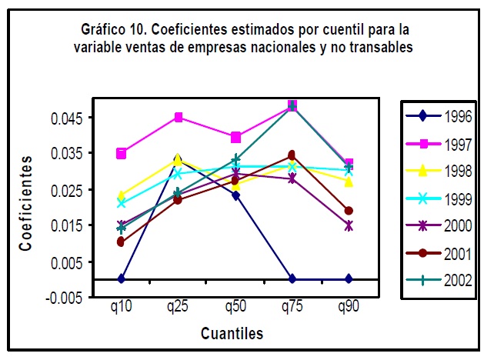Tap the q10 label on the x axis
point(121,307)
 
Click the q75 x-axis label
point(292,307)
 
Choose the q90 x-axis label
point(349,307)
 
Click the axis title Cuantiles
point(232,333)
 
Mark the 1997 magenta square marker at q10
point(121,154)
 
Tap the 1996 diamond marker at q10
point(121,278)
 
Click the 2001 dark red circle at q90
point(349,211)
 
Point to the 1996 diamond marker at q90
point(349,278)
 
